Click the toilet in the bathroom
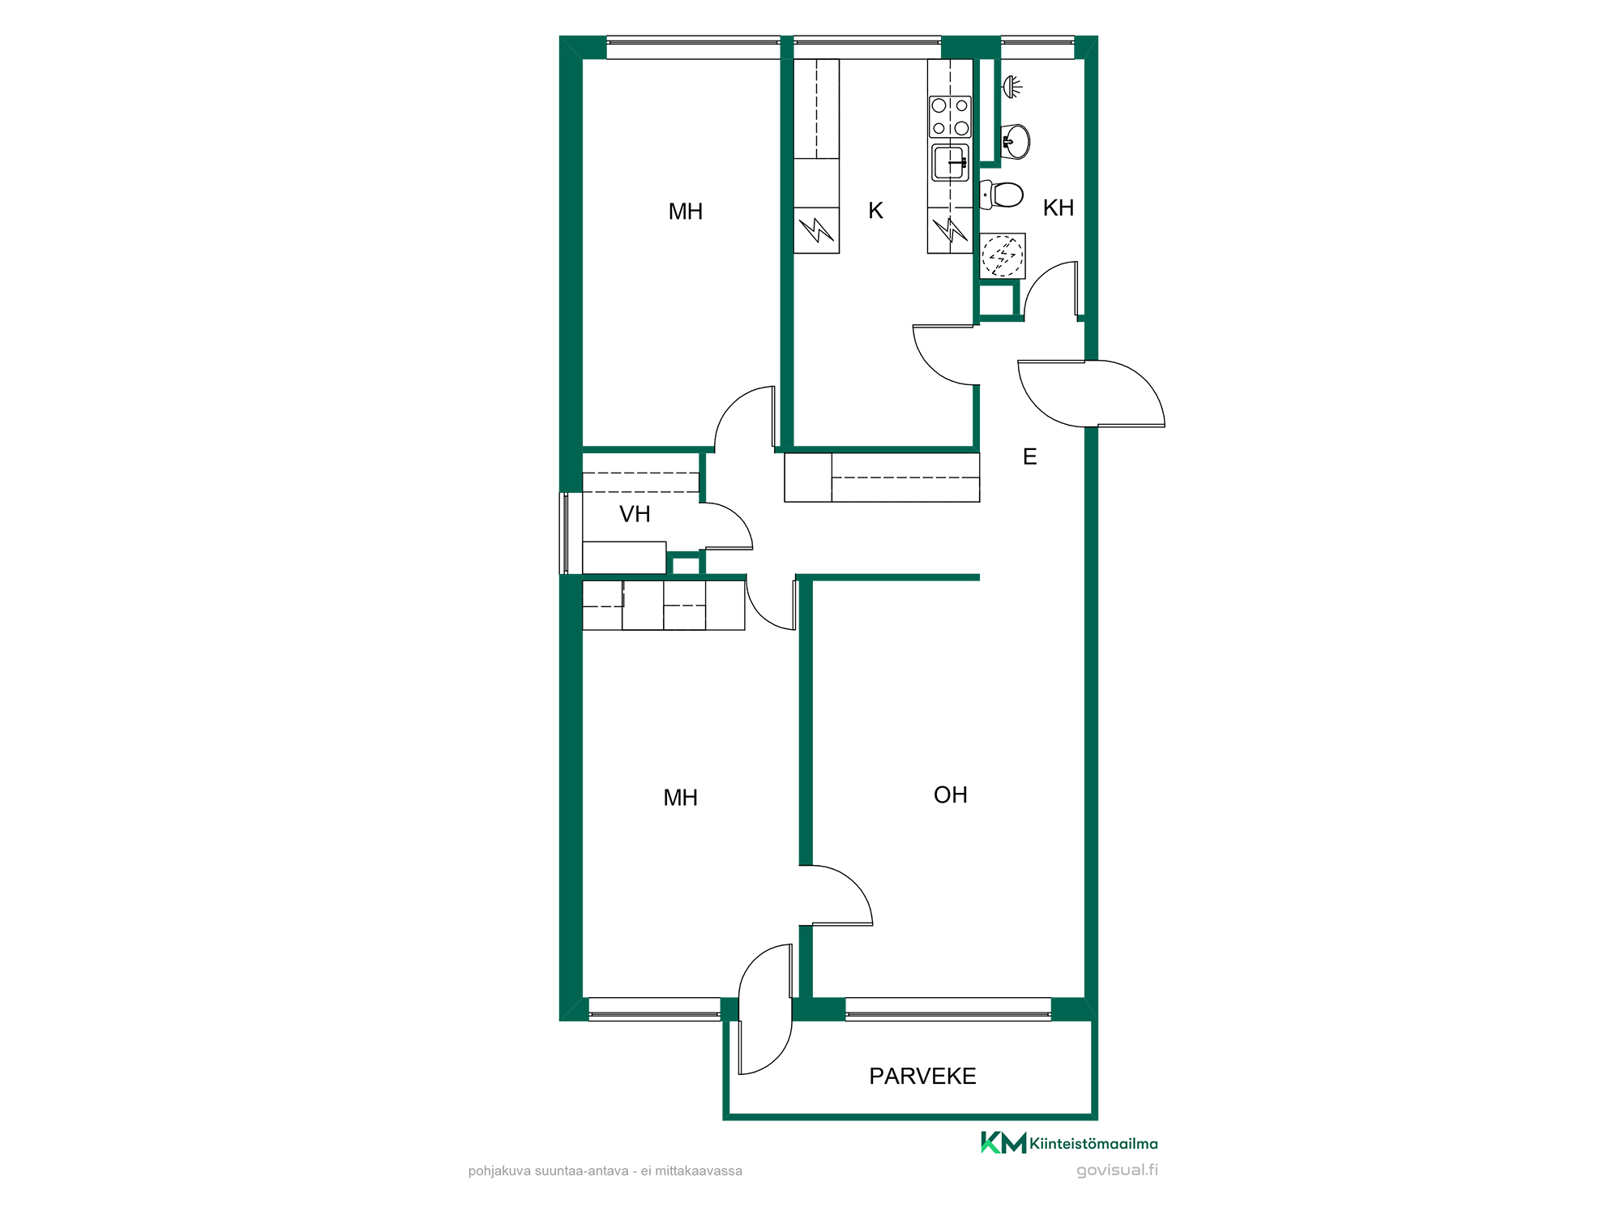tap(1002, 195)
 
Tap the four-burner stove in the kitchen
tap(950, 117)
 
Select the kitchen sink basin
tap(950, 162)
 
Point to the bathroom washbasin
tap(1015, 141)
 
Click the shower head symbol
tap(1012, 86)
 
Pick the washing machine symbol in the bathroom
tap(1003, 256)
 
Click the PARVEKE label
tap(922, 1076)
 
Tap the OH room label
tap(951, 794)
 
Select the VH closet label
tap(635, 514)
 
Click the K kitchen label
tap(875, 211)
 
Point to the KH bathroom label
tap(1059, 208)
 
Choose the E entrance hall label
tap(1029, 456)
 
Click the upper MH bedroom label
tap(685, 212)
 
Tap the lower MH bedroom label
tap(680, 798)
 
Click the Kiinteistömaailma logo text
tap(1093, 1144)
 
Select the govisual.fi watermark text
tap(1117, 1170)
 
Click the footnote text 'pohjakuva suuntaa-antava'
tap(548, 1171)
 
